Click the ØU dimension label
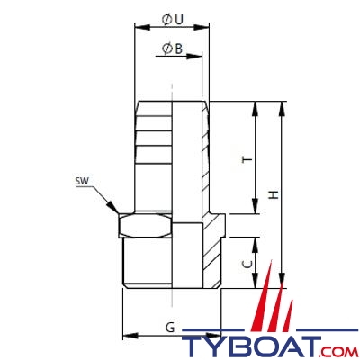tap(172, 20)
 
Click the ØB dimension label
tap(172, 49)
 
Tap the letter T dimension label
tap(247, 159)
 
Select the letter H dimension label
tap(274, 195)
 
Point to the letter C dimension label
tap(247, 264)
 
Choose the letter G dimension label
tap(170, 328)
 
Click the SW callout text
tap(82, 181)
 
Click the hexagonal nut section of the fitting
tap(145, 225)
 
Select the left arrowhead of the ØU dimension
tap(142, 27)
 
